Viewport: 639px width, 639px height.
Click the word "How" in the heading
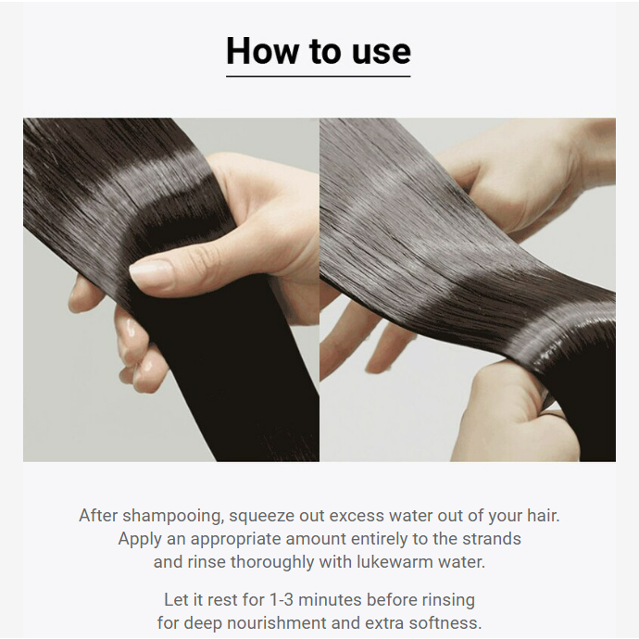pyautogui.click(x=262, y=51)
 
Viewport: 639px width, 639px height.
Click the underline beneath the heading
pyautogui.click(x=319, y=76)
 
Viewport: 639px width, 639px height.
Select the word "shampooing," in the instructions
pyautogui.click(x=173, y=517)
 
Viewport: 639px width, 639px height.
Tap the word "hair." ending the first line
pyautogui.click(x=544, y=515)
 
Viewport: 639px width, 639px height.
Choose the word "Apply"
pyautogui.click(x=140, y=539)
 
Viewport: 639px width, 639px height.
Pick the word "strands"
pyautogui.click(x=492, y=538)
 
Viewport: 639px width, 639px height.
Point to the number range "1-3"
pyautogui.click(x=282, y=600)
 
